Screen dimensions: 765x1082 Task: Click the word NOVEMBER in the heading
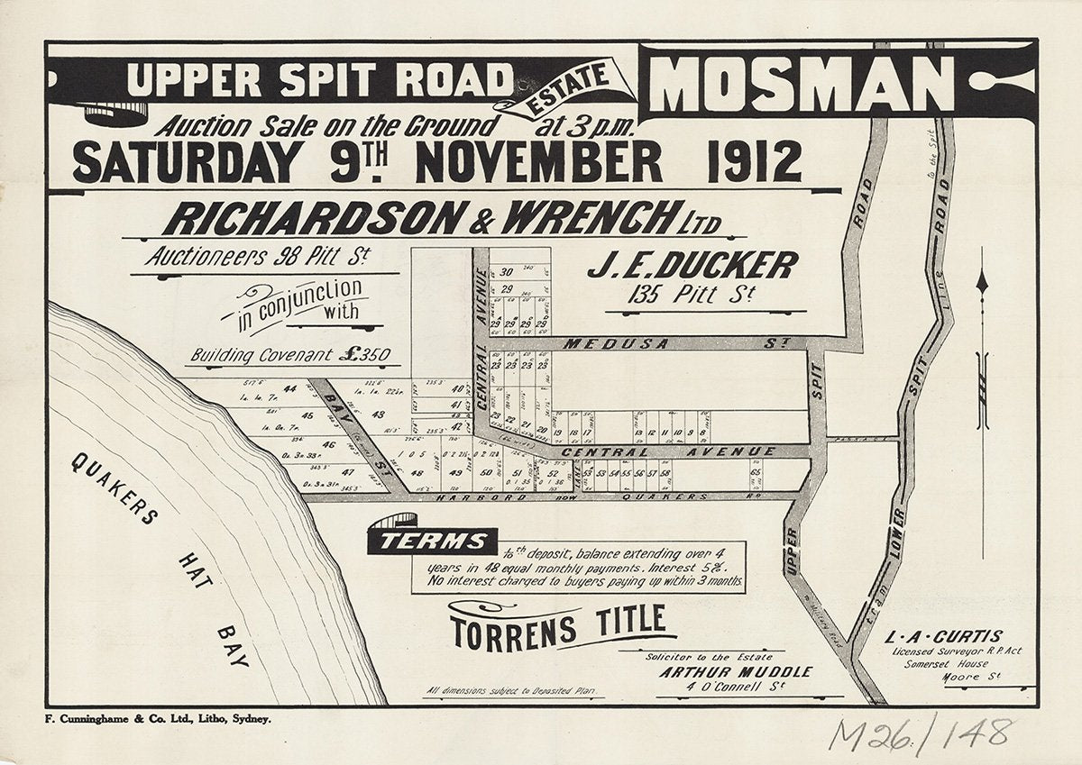point(538,163)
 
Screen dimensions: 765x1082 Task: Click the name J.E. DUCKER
point(692,266)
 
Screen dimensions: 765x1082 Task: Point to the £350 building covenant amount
point(364,354)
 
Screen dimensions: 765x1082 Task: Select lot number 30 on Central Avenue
point(506,272)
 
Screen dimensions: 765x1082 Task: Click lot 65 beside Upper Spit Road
point(755,472)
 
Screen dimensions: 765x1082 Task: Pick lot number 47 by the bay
point(348,472)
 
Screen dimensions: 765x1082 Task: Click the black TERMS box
point(431,541)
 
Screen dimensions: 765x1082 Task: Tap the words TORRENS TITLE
point(564,626)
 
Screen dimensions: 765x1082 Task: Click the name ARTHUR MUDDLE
point(735,672)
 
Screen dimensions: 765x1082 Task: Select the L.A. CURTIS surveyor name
point(957,636)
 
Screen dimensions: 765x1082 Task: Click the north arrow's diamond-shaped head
point(982,283)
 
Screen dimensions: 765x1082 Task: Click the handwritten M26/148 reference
point(921,734)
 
